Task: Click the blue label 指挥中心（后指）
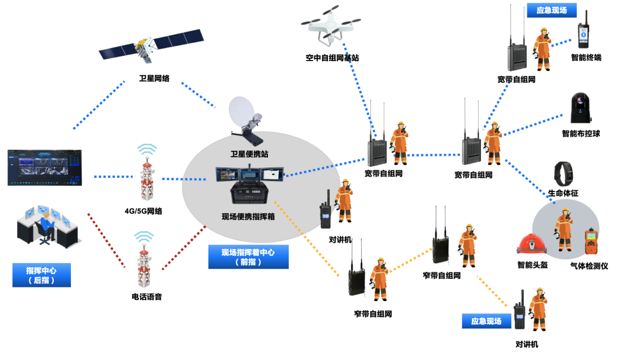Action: click(41, 275)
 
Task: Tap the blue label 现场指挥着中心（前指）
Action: click(248, 257)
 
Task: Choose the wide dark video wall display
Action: click(45, 167)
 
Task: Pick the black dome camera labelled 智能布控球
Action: click(580, 109)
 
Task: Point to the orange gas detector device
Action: click(590, 243)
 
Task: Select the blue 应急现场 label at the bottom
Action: click(486, 321)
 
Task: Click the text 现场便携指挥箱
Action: click(248, 217)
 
